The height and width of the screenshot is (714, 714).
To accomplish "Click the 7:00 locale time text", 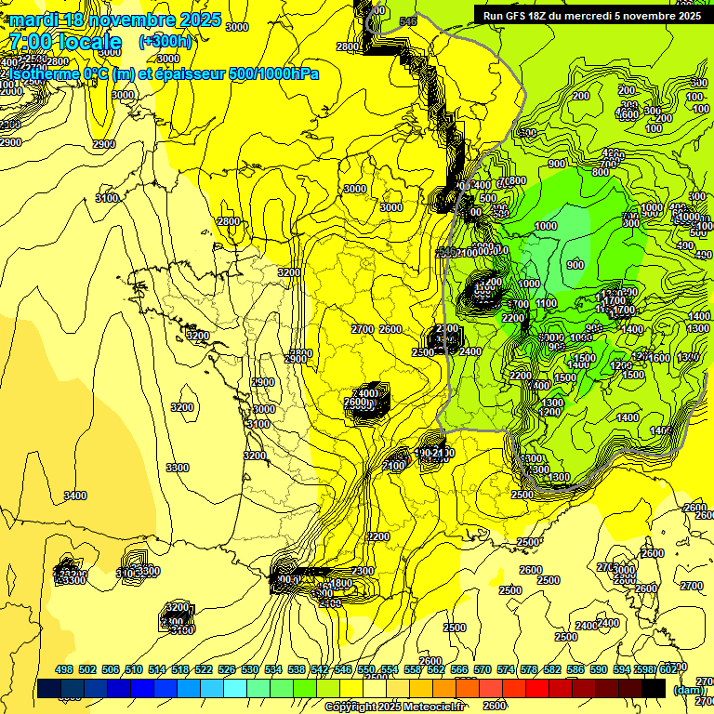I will point(65,42).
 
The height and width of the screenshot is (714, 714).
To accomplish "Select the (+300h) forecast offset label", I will point(165,42).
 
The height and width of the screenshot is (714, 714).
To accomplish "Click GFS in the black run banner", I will point(520,16).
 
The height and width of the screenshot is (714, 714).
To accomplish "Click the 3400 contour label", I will point(75,496).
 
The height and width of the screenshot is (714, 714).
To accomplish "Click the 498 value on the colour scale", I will point(64,669).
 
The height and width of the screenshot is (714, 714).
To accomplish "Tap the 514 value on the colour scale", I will point(153,669).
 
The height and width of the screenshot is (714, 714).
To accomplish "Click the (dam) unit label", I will point(687,690).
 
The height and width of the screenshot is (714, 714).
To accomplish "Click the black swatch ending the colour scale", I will point(654,688).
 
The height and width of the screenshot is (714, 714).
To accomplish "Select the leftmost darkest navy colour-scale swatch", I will point(49,688).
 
